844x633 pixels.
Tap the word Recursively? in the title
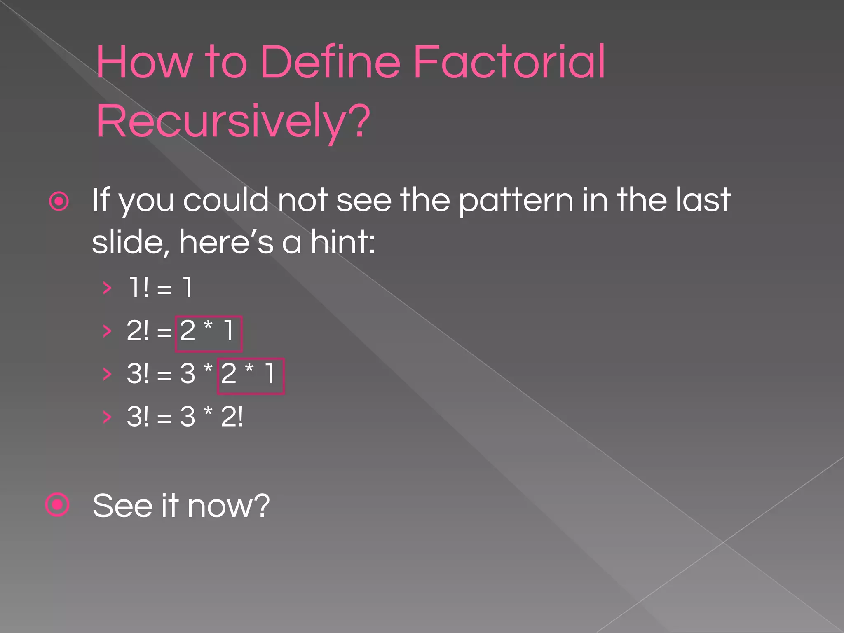tap(233, 122)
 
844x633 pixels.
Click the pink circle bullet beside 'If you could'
tap(59, 202)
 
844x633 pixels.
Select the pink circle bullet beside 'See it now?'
tap(57, 504)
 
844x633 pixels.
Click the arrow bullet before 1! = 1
tap(107, 288)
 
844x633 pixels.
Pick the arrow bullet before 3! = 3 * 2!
tap(107, 417)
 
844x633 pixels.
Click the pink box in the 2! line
tap(209, 334)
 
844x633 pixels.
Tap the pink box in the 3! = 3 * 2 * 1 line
tap(251, 376)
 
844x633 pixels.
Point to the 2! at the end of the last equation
tap(232, 417)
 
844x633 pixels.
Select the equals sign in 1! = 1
tap(164, 289)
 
